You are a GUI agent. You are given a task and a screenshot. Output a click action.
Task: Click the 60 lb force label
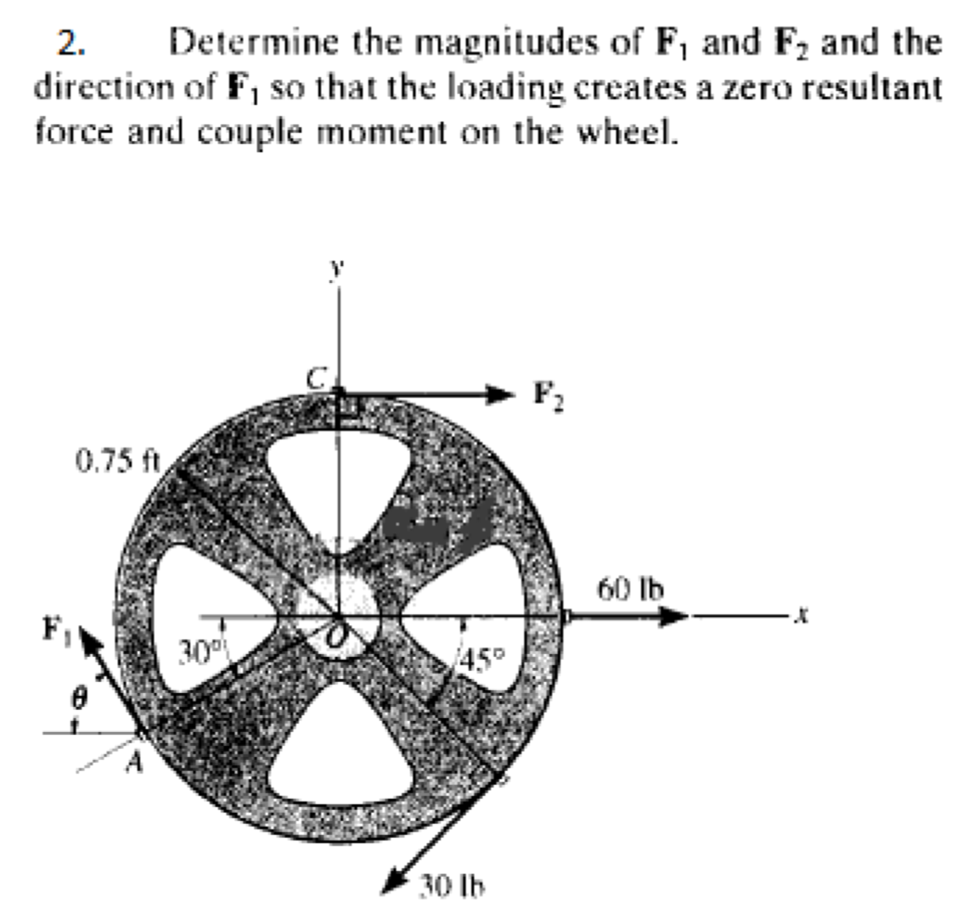[x=631, y=588]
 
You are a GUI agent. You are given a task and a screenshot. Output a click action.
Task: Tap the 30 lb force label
[x=453, y=884]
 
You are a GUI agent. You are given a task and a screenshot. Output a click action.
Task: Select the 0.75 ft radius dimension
[x=117, y=462]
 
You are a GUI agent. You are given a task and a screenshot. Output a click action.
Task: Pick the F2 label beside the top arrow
[x=548, y=395]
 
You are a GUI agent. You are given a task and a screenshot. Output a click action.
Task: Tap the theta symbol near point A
[x=79, y=693]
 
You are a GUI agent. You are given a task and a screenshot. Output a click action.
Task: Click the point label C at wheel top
[x=317, y=378]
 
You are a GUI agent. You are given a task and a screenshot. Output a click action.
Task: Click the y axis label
[x=337, y=268]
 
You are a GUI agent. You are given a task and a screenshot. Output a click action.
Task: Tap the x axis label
[x=802, y=617]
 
